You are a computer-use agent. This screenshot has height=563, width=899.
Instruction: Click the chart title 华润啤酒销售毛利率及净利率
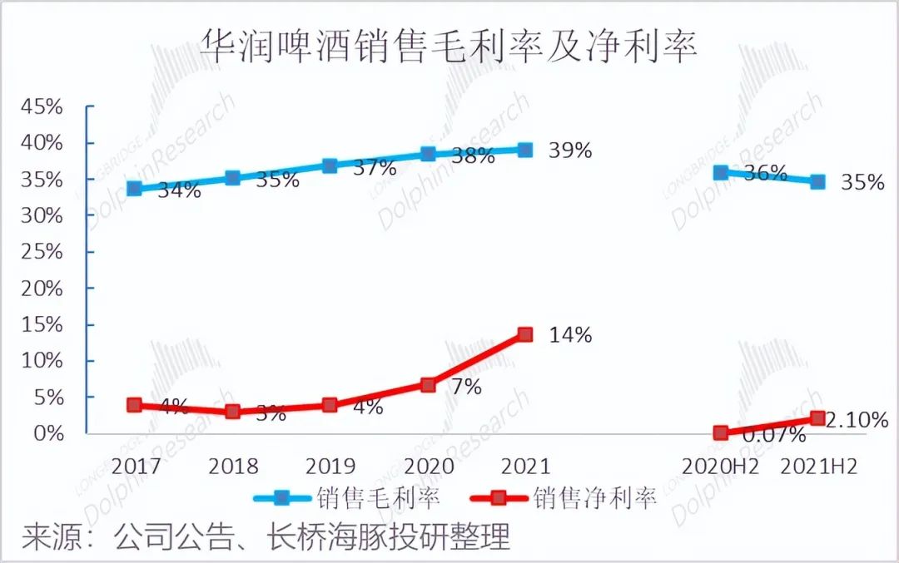tap(449, 47)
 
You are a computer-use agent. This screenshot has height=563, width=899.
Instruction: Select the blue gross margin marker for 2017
tap(135, 189)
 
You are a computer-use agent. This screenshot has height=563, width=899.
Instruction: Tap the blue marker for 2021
tap(524, 151)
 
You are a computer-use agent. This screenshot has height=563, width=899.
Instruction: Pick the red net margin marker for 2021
tap(524, 334)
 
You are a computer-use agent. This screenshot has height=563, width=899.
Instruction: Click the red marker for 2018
tap(233, 412)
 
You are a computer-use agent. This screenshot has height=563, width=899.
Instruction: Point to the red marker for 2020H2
tap(721, 432)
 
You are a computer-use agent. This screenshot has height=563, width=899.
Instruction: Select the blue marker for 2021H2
tap(818, 181)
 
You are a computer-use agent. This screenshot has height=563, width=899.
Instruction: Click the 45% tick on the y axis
tap(42, 107)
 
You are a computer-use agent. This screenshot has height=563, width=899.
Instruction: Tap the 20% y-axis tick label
tap(42, 289)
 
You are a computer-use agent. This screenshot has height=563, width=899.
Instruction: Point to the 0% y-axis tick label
tap(48, 433)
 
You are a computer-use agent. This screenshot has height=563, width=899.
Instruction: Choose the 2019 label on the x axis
tap(330, 466)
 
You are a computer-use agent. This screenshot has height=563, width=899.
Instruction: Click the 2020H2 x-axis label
tap(721, 466)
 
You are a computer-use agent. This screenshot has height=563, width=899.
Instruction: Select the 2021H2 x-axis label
tap(819, 466)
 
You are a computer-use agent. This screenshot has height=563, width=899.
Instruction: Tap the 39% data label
tap(570, 151)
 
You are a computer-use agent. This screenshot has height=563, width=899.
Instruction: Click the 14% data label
tap(570, 335)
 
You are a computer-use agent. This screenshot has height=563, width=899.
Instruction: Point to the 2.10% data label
tap(857, 421)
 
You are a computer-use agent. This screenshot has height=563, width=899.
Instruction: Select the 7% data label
tap(465, 387)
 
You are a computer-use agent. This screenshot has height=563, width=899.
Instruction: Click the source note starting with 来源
tap(266, 536)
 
